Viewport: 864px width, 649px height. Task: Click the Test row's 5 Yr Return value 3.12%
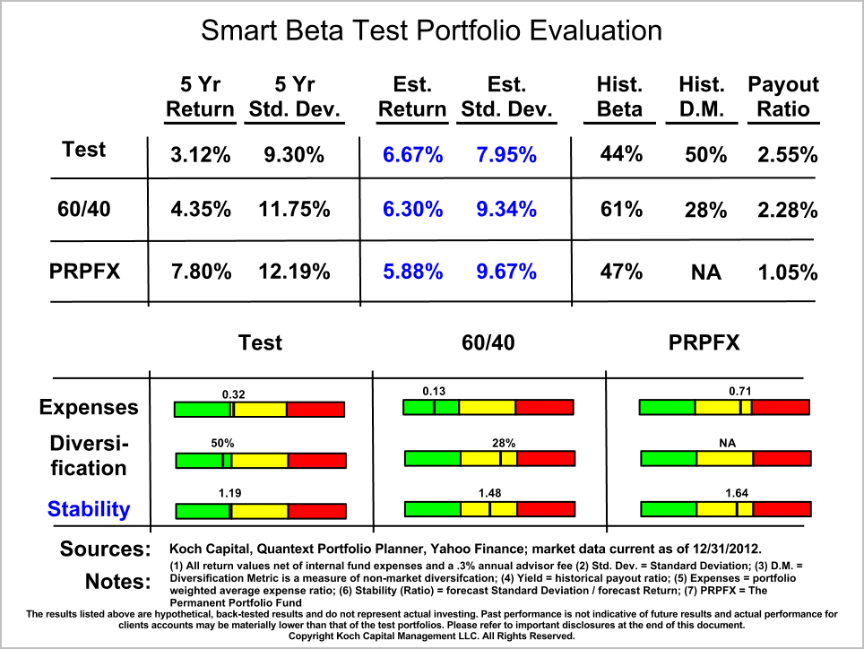pos(201,155)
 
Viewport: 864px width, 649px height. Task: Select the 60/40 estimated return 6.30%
pos(412,210)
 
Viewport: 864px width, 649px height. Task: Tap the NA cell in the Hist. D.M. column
pos(706,272)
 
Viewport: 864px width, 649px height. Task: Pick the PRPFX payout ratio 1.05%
pos(788,272)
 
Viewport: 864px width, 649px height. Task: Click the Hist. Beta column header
pos(620,97)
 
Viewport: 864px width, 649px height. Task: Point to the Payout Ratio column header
pos(783,97)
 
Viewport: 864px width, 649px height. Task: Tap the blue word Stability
pos(89,509)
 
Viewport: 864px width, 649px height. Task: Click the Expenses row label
pos(89,407)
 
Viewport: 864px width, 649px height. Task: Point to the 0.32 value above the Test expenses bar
pos(234,393)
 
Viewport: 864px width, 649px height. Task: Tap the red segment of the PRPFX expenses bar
pos(781,408)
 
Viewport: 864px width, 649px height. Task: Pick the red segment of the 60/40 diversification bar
pos(545,459)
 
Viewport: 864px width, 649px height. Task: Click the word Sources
pos(105,549)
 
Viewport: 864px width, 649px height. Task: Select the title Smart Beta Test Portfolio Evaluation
pos(431,30)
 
